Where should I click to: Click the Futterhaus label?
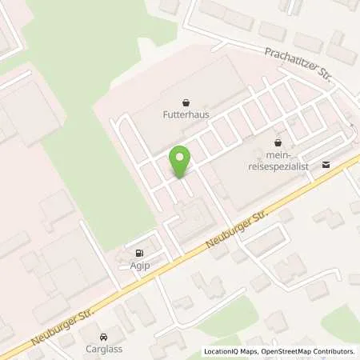[x=186, y=114]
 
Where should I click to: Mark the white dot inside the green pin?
[x=181, y=157]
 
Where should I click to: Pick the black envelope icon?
[x=326, y=164]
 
